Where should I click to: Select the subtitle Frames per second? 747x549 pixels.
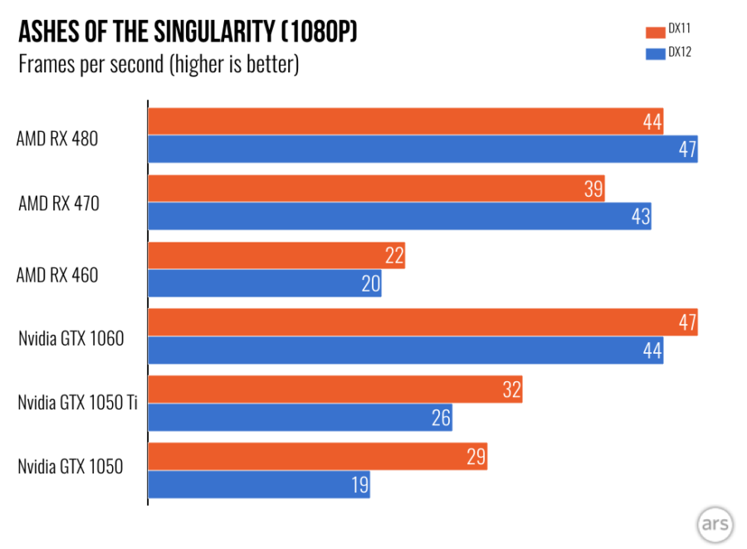click(x=159, y=65)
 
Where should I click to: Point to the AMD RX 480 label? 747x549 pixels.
click(x=57, y=140)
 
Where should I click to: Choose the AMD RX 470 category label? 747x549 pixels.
click(x=58, y=203)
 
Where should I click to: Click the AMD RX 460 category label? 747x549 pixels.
click(x=57, y=274)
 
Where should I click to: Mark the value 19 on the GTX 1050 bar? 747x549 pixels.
click(x=359, y=485)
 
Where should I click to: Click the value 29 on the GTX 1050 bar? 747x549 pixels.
click(x=476, y=457)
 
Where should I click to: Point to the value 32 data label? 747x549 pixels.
click(x=511, y=390)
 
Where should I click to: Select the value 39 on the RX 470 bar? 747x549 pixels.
click(x=593, y=189)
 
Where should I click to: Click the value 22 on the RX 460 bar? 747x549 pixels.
click(x=394, y=256)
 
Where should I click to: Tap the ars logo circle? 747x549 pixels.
click(x=713, y=523)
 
